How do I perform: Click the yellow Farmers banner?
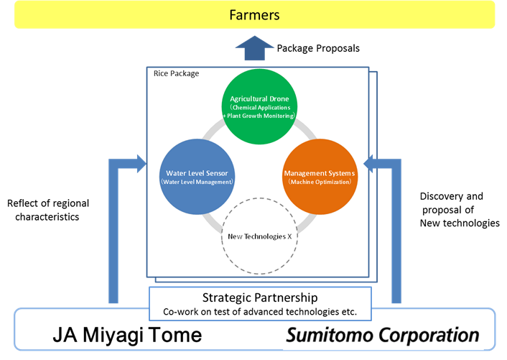254,15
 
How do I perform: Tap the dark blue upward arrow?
254,48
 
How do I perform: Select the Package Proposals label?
318,49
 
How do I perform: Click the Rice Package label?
176,74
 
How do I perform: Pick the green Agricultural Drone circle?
259,106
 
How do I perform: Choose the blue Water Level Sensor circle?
197,177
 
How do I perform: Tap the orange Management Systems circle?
320,177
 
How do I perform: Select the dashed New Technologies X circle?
259,198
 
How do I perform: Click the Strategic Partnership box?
260,304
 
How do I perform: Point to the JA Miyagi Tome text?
127,335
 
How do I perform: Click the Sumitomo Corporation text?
383,335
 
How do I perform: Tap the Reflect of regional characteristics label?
48,210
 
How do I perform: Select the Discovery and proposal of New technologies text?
460,210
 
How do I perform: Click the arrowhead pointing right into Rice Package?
142,164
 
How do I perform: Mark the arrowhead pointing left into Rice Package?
368,164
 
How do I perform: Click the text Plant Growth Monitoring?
260,116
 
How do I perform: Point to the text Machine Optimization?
320,182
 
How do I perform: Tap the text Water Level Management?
197,182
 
